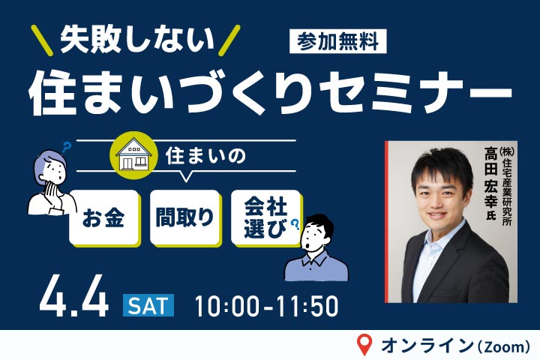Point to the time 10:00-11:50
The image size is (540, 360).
266,305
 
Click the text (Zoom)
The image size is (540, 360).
502,346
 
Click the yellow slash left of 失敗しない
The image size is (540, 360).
43,40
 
